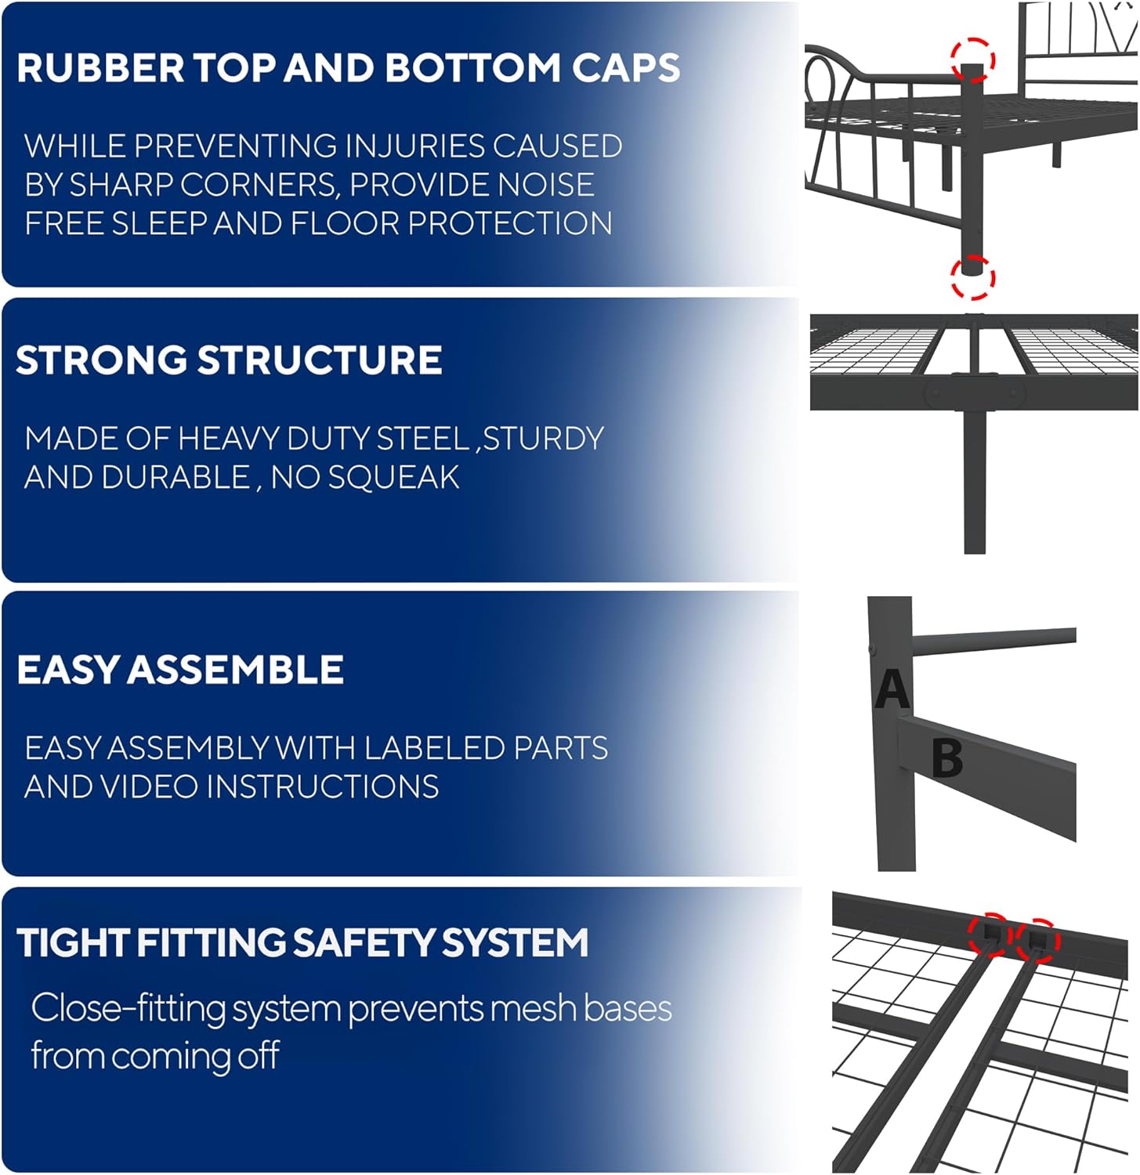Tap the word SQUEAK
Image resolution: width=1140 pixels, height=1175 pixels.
[393, 477]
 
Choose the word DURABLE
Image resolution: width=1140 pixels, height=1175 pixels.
[187, 477]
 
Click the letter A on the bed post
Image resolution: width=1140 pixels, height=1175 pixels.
[892, 689]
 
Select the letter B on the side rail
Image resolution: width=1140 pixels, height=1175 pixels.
[947, 757]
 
